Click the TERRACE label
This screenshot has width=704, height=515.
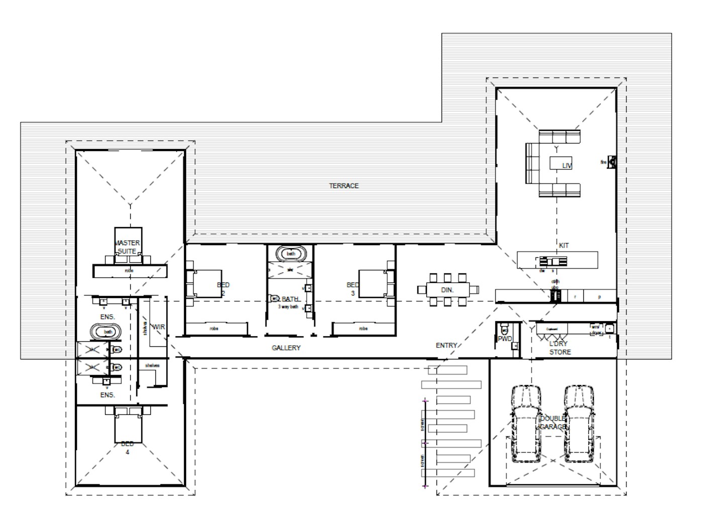[344, 186]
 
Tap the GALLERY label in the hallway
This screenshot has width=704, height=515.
[286, 348]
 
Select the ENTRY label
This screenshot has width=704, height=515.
[446, 345]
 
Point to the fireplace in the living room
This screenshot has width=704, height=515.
[611, 162]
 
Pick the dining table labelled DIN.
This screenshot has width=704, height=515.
[448, 290]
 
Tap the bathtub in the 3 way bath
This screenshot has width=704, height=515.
[291, 254]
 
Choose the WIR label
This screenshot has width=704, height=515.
[158, 327]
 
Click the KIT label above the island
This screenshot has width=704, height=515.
[564, 246]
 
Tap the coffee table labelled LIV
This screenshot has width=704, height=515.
[561, 164]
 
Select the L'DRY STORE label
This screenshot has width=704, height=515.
[560, 348]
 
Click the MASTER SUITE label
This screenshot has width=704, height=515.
[128, 247]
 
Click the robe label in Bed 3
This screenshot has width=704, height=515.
[364, 329]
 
